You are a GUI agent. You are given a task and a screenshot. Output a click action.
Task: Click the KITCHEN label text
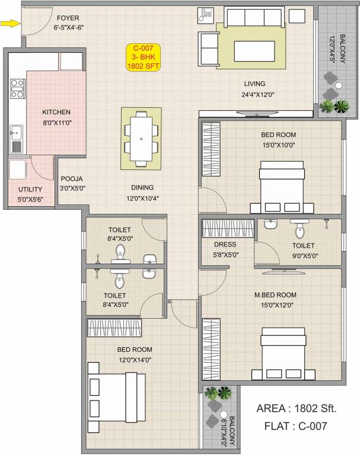click(x=56, y=112)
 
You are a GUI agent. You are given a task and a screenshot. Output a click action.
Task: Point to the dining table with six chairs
click(x=141, y=138)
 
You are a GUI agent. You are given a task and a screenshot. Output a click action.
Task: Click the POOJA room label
click(x=71, y=179)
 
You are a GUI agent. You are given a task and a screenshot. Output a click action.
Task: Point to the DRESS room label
click(x=225, y=245)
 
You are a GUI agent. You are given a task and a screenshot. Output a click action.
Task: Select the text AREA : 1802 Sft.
click(x=297, y=408)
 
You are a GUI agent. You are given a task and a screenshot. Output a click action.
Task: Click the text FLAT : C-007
click(x=297, y=425)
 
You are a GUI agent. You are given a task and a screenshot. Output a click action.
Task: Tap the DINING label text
click(x=142, y=187)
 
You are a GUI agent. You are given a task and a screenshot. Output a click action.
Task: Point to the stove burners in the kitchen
click(x=17, y=88)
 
